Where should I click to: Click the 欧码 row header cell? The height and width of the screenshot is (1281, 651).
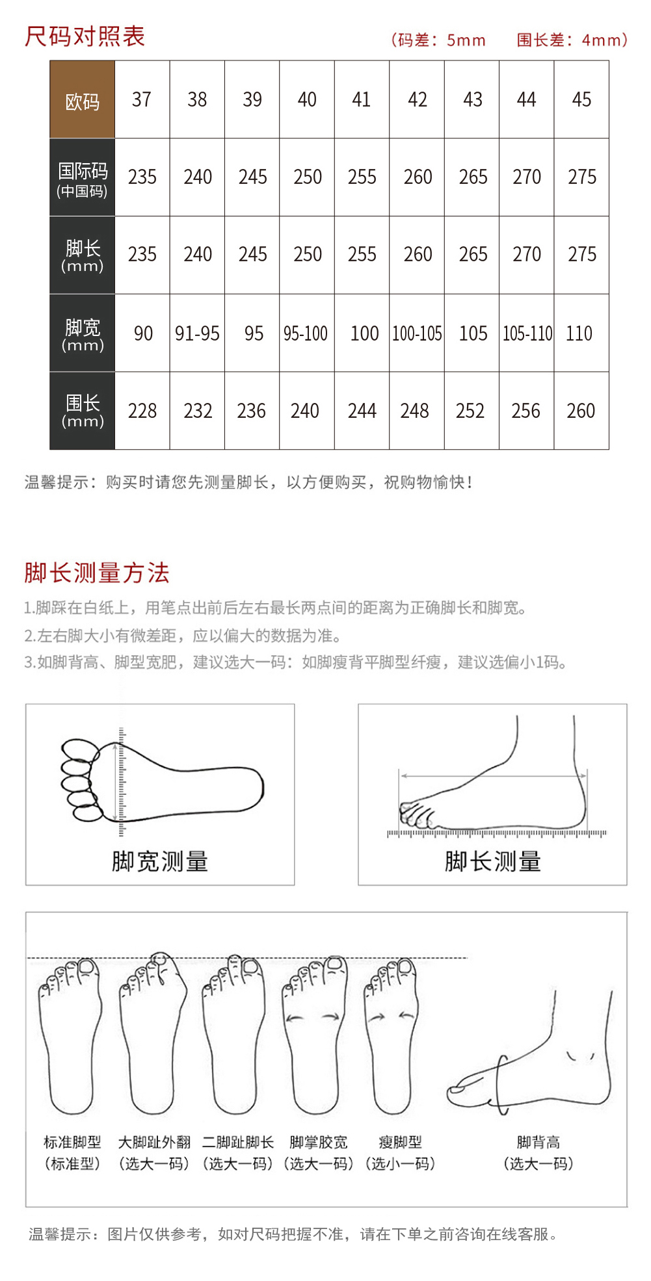83,99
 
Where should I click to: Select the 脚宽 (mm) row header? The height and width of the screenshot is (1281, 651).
83,333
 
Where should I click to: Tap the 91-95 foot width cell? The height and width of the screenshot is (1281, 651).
197,333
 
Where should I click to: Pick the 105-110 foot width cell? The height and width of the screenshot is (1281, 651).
527,333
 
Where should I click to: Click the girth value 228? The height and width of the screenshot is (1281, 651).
142,411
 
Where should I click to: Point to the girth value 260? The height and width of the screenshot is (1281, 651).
581,411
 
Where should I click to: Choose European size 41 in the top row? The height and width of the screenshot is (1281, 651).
362,99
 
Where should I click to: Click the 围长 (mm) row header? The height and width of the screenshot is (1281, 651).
83,411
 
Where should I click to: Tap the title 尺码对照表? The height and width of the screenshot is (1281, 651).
85,36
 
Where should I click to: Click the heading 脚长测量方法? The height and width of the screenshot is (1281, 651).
97,573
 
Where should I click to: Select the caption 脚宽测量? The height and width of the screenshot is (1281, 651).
160,861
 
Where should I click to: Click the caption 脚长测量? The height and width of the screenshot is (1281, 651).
493,861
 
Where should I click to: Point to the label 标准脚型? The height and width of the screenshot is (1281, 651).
72,1142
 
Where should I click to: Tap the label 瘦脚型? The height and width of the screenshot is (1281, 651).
400,1142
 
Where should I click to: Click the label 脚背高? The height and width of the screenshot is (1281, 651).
538,1142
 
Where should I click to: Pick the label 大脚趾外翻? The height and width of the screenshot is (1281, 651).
154,1142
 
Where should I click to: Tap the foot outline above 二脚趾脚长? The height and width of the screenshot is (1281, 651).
206,1040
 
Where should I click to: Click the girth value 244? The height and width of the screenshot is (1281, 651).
362,411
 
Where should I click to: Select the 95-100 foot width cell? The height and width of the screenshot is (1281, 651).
306,333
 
